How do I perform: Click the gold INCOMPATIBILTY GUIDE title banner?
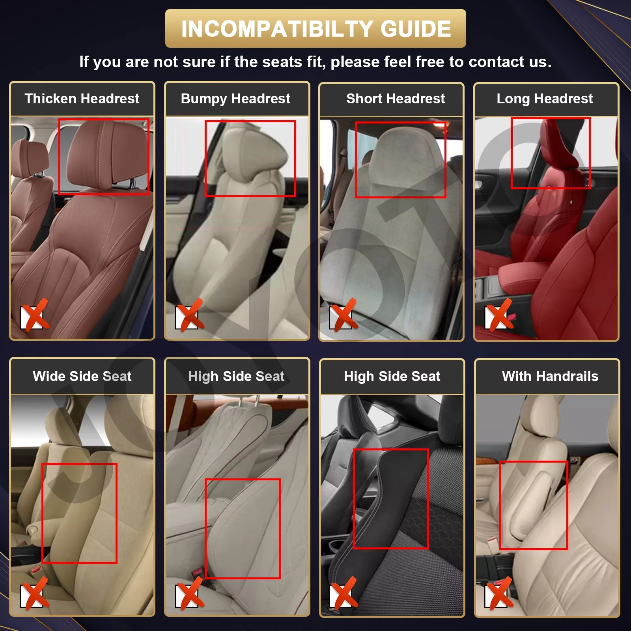pyautogui.click(x=315, y=28)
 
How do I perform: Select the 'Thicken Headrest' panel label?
pyautogui.click(x=82, y=99)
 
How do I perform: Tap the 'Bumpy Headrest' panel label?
pyautogui.click(x=235, y=99)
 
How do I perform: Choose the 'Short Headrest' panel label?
pyautogui.click(x=395, y=99)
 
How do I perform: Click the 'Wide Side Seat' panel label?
pyautogui.click(x=82, y=376)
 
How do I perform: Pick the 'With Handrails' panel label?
pyautogui.click(x=550, y=376)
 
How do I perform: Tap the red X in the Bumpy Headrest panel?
pyautogui.click(x=190, y=315)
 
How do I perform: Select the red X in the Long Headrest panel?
pyautogui.click(x=499, y=315)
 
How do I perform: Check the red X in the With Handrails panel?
pyautogui.click(x=499, y=594)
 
